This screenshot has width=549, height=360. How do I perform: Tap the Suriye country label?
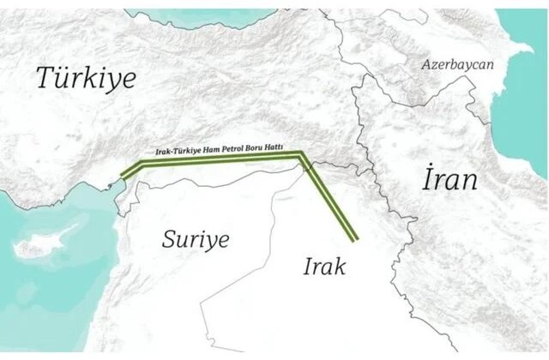tap(196, 239)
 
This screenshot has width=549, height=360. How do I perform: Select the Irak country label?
tap(324, 266)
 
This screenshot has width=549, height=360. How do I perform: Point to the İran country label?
tap(449, 180)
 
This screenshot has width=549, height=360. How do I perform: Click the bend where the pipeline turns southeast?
tap(302, 155)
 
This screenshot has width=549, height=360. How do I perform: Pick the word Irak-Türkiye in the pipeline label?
tap(178, 151)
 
